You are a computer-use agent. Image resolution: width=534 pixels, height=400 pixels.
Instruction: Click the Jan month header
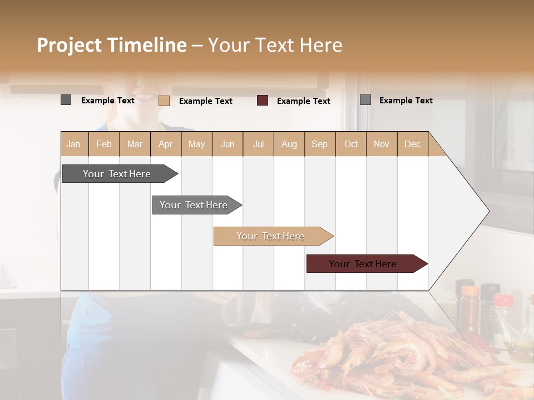[x=73, y=144]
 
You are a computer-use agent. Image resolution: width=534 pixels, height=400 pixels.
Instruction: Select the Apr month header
[x=166, y=144]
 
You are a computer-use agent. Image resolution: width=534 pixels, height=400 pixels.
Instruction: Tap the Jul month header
[x=259, y=144]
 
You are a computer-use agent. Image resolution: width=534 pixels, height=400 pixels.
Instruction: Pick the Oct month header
[x=351, y=144]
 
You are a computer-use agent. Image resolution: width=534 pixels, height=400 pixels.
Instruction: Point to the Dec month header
[x=413, y=144]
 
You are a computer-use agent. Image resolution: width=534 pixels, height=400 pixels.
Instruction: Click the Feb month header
[x=104, y=144]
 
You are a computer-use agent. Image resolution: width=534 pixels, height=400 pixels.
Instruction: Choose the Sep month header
[x=320, y=144]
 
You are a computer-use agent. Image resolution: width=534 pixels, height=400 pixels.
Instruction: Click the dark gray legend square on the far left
[x=66, y=100]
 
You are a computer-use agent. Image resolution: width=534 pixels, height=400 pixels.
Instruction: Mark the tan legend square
[x=164, y=101]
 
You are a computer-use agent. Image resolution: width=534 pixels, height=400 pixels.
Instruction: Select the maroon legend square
[x=263, y=101]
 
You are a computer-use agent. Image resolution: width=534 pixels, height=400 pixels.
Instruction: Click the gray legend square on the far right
[x=365, y=100]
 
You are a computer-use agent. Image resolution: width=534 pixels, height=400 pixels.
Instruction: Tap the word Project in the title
[x=70, y=45]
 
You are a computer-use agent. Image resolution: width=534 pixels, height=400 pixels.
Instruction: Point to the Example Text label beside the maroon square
[x=304, y=101]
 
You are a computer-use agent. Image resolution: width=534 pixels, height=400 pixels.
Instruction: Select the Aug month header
[x=289, y=144]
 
